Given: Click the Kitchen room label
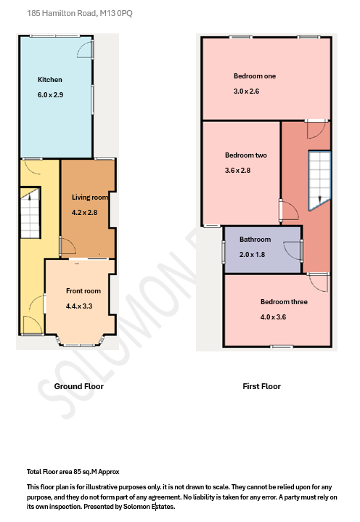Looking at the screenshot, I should tap(50, 80).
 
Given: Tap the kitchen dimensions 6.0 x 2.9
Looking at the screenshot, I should tap(52, 95).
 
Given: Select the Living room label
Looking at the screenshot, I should tap(90, 197).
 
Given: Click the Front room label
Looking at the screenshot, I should tap(83, 291).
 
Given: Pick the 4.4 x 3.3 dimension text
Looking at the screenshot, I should tap(80, 306).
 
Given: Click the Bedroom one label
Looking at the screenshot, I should tap(255, 76).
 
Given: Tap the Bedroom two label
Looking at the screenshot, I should tap(246, 155).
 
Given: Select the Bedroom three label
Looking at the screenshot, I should tap(284, 302).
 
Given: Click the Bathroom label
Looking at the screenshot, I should tap(255, 240).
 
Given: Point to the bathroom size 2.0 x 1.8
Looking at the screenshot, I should tap(253, 254).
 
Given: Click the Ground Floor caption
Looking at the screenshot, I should tap(79, 386).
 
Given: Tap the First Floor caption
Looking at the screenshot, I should tap(261, 386).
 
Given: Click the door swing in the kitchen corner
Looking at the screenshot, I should tap(85, 49).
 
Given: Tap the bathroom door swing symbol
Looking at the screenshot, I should tap(294, 249).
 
